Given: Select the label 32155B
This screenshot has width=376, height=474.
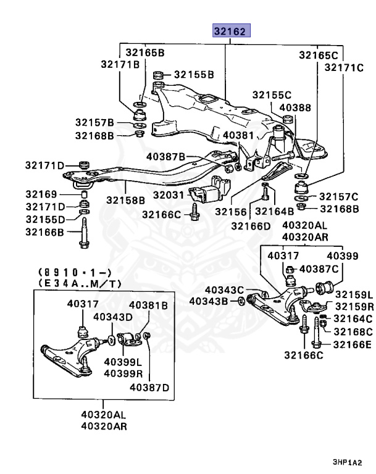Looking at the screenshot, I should click(194, 75).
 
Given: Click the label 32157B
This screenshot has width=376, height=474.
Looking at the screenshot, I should click(95, 122).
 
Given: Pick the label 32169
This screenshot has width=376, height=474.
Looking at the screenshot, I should click(41, 194).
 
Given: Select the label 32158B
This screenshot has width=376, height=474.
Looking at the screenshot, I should click(125, 200).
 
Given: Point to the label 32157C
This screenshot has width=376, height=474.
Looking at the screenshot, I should click(336, 197).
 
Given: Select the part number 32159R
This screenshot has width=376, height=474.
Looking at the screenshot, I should click(354, 306).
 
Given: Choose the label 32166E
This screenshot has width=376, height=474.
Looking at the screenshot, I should click(353, 344).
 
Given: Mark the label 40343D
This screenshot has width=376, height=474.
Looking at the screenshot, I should click(113, 317).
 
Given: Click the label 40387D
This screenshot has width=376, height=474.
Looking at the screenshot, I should click(148, 387).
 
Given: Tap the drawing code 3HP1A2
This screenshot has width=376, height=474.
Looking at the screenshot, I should click(345, 462).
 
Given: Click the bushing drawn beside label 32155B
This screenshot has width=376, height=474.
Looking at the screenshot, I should click(158, 75).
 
